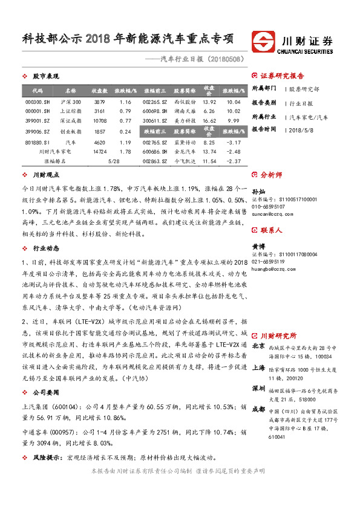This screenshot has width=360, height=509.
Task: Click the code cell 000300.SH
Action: click(x=33, y=102)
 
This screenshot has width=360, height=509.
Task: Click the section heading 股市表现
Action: click(x=46, y=77)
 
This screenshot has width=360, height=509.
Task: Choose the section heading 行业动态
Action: click(x=46, y=248)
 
